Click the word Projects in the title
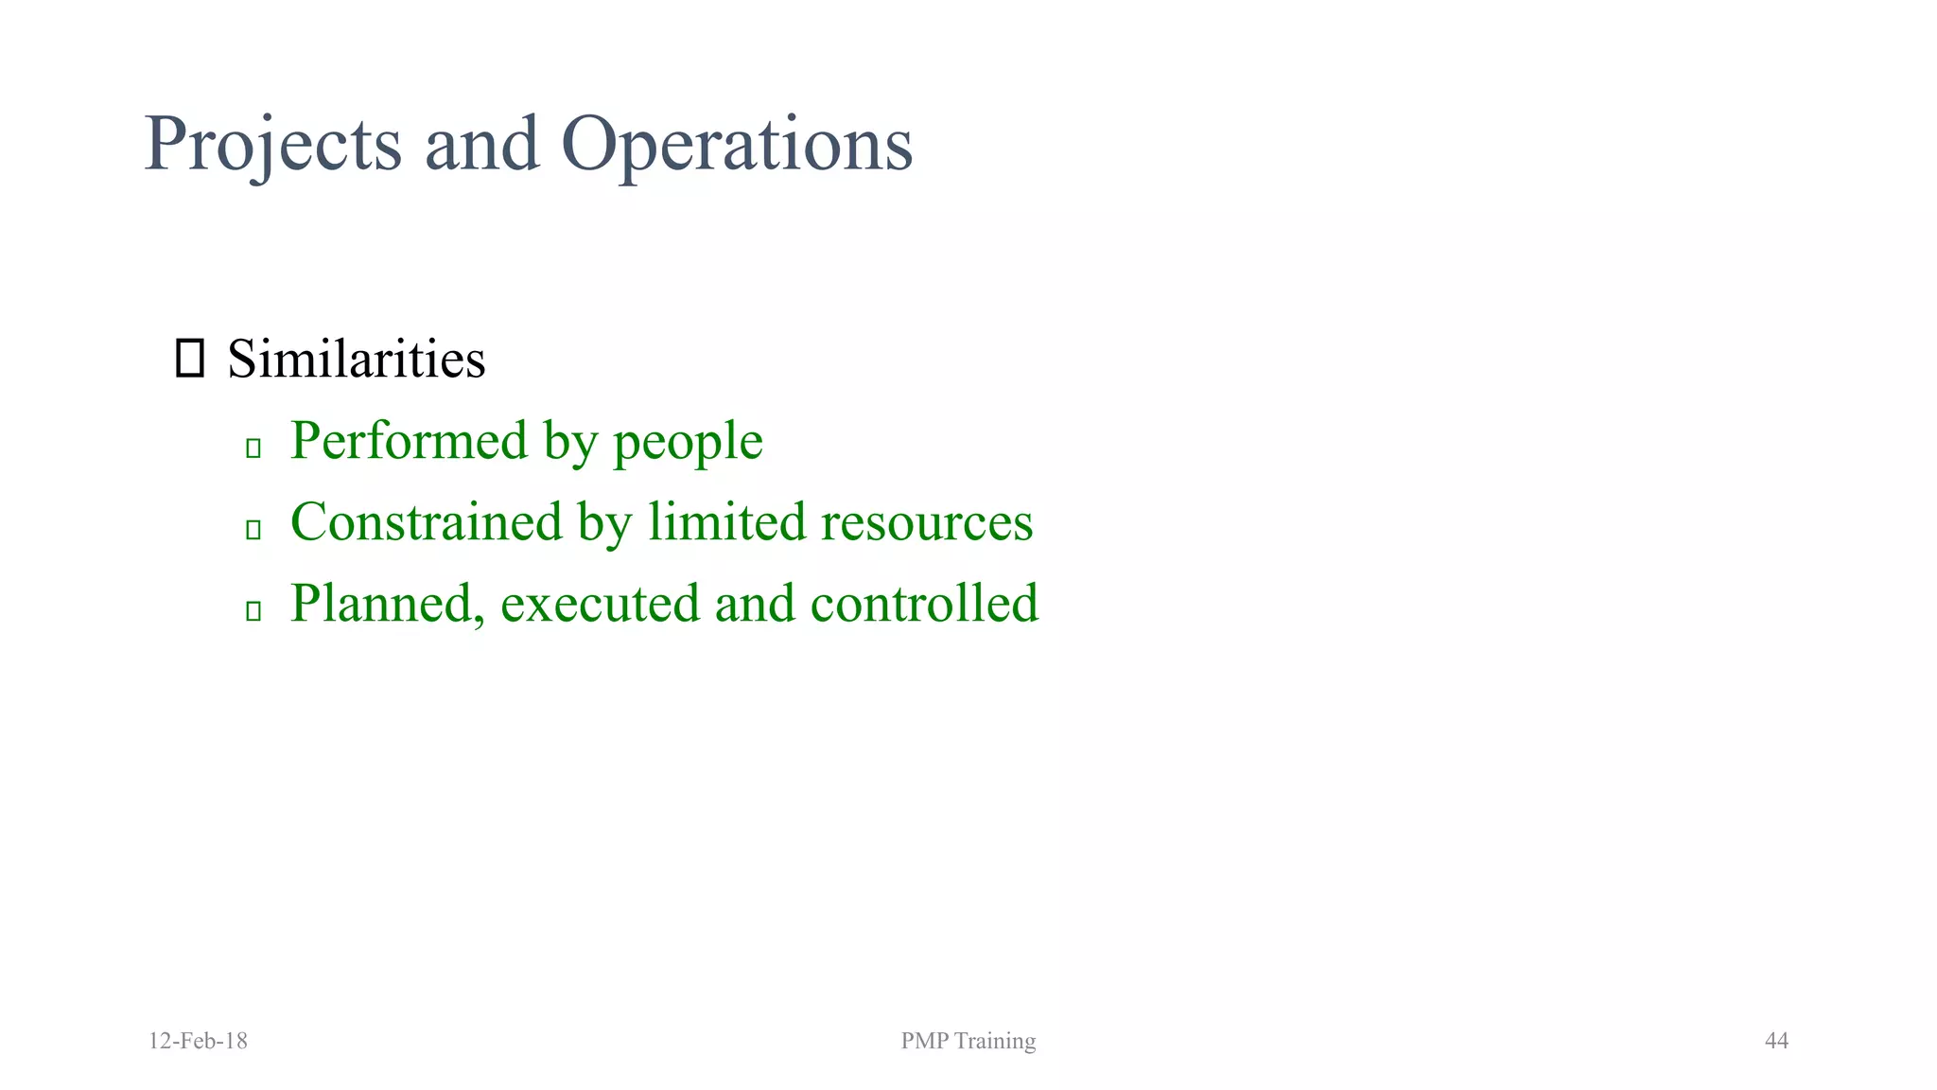tap(273, 144)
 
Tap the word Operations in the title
tap(737, 144)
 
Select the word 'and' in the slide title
tap(481, 144)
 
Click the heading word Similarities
tap(357, 360)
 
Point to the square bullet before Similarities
tap(190, 360)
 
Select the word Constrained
tap(427, 522)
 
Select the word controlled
tap(924, 604)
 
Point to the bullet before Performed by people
tap(253, 448)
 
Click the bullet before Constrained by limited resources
tap(253, 529)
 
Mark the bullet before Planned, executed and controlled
tap(253, 610)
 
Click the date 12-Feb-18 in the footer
tap(199, 1041)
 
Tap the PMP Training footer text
tap(968, 1041)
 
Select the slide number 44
tap(1776, 1041)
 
